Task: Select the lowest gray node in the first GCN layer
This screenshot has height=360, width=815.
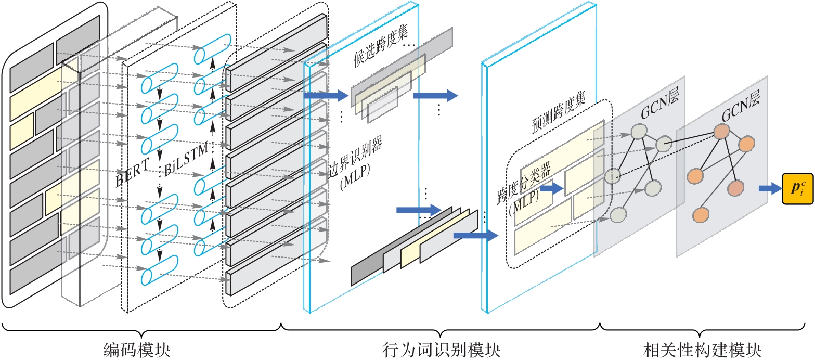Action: click(x=617, y=215)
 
